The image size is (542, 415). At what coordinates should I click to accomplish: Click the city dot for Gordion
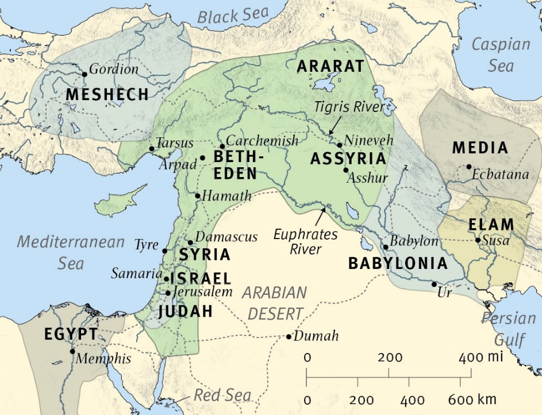[84, 74]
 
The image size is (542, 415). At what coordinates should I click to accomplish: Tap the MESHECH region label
[107, 94]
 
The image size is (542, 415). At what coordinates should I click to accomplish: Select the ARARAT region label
[330, 66]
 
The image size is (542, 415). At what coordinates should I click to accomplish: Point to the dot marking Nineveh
[340, 145]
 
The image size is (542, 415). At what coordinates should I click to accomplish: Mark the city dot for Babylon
[386, 247]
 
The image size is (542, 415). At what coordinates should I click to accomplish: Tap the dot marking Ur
[434, 284]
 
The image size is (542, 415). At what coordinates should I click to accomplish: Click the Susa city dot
[478, 240]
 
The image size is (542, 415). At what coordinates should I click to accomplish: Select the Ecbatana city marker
[469, 167]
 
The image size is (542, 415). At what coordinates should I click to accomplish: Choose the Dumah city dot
[289, 336]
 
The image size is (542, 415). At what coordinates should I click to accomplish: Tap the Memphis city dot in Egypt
[72, 351]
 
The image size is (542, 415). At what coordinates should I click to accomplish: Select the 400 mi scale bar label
[480, 358]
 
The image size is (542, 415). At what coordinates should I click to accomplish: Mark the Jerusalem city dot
[168, 293]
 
